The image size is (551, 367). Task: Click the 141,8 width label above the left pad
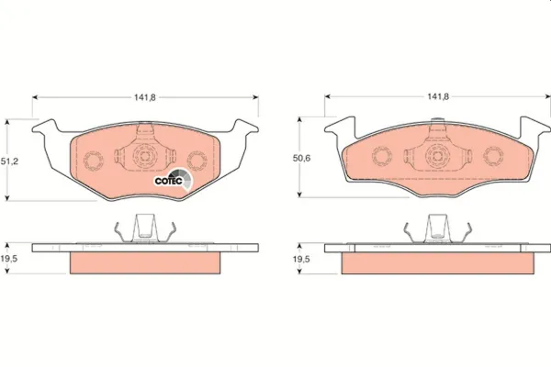(144, 97)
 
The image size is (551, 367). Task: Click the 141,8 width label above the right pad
(438, 96)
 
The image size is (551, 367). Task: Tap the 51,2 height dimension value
(9, 161)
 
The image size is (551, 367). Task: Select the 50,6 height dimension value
(301, 158)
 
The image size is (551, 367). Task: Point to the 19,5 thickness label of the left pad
(9, 259)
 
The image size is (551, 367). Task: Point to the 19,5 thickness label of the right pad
(301, 259)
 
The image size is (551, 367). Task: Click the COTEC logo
(174, 178)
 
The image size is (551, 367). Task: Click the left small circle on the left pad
(94, 161)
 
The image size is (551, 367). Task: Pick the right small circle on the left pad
(197, 161)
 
